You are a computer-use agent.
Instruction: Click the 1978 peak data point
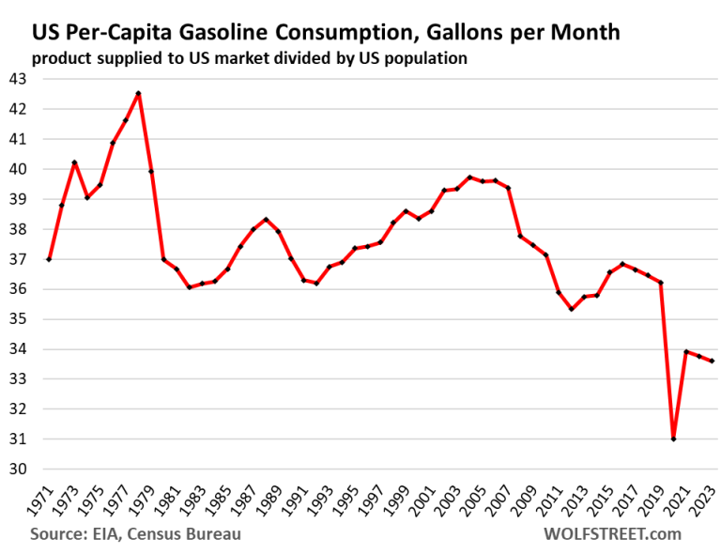[x=138, y=93]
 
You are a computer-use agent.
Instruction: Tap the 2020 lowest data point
[x=674, y=439]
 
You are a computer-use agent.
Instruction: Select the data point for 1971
[x=49, y=259]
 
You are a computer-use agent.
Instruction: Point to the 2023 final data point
[x=712, y=362]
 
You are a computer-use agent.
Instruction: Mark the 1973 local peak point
[x=74, y=162]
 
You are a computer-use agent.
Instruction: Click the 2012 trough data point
[x=572, y=309]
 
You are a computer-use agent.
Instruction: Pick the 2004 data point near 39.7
[x=469, y=177]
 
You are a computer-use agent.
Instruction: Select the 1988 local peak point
[x=266, y=220]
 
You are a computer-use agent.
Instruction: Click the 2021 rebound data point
[x=686, y=352]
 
